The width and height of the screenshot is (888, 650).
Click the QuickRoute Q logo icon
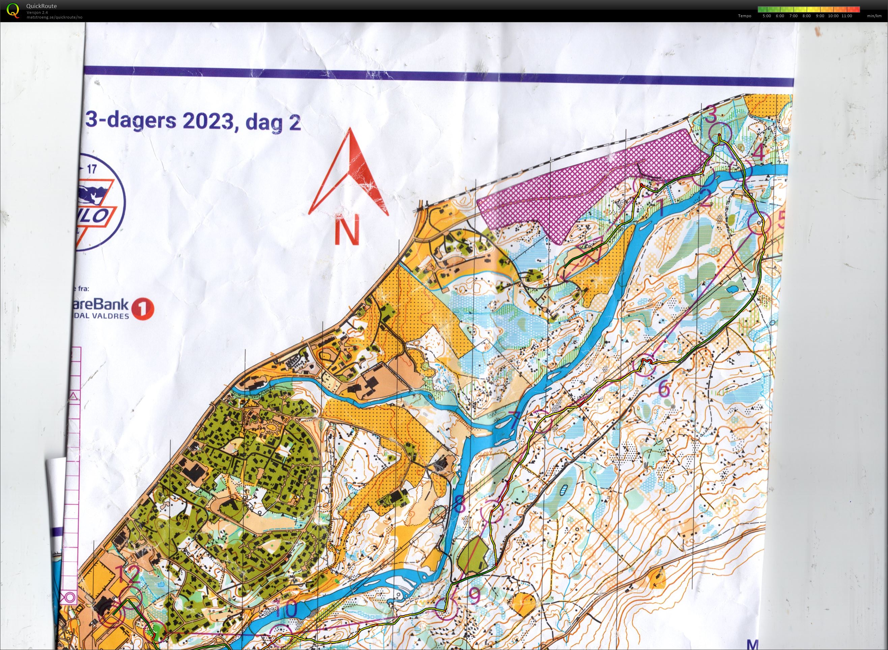[x=12, y=10]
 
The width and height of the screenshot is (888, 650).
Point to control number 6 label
[x=664, y=388]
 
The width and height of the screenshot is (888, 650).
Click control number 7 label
[x=515, y=421]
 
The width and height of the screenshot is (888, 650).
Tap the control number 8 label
[x=459, y=504]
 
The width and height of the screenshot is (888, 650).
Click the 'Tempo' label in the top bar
[x=744, y=16]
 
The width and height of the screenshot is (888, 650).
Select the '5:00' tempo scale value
[x=767, y=16]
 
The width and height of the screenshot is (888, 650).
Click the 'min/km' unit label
[x=874, y=16]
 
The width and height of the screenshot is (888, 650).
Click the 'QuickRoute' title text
[x=41, y=6]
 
